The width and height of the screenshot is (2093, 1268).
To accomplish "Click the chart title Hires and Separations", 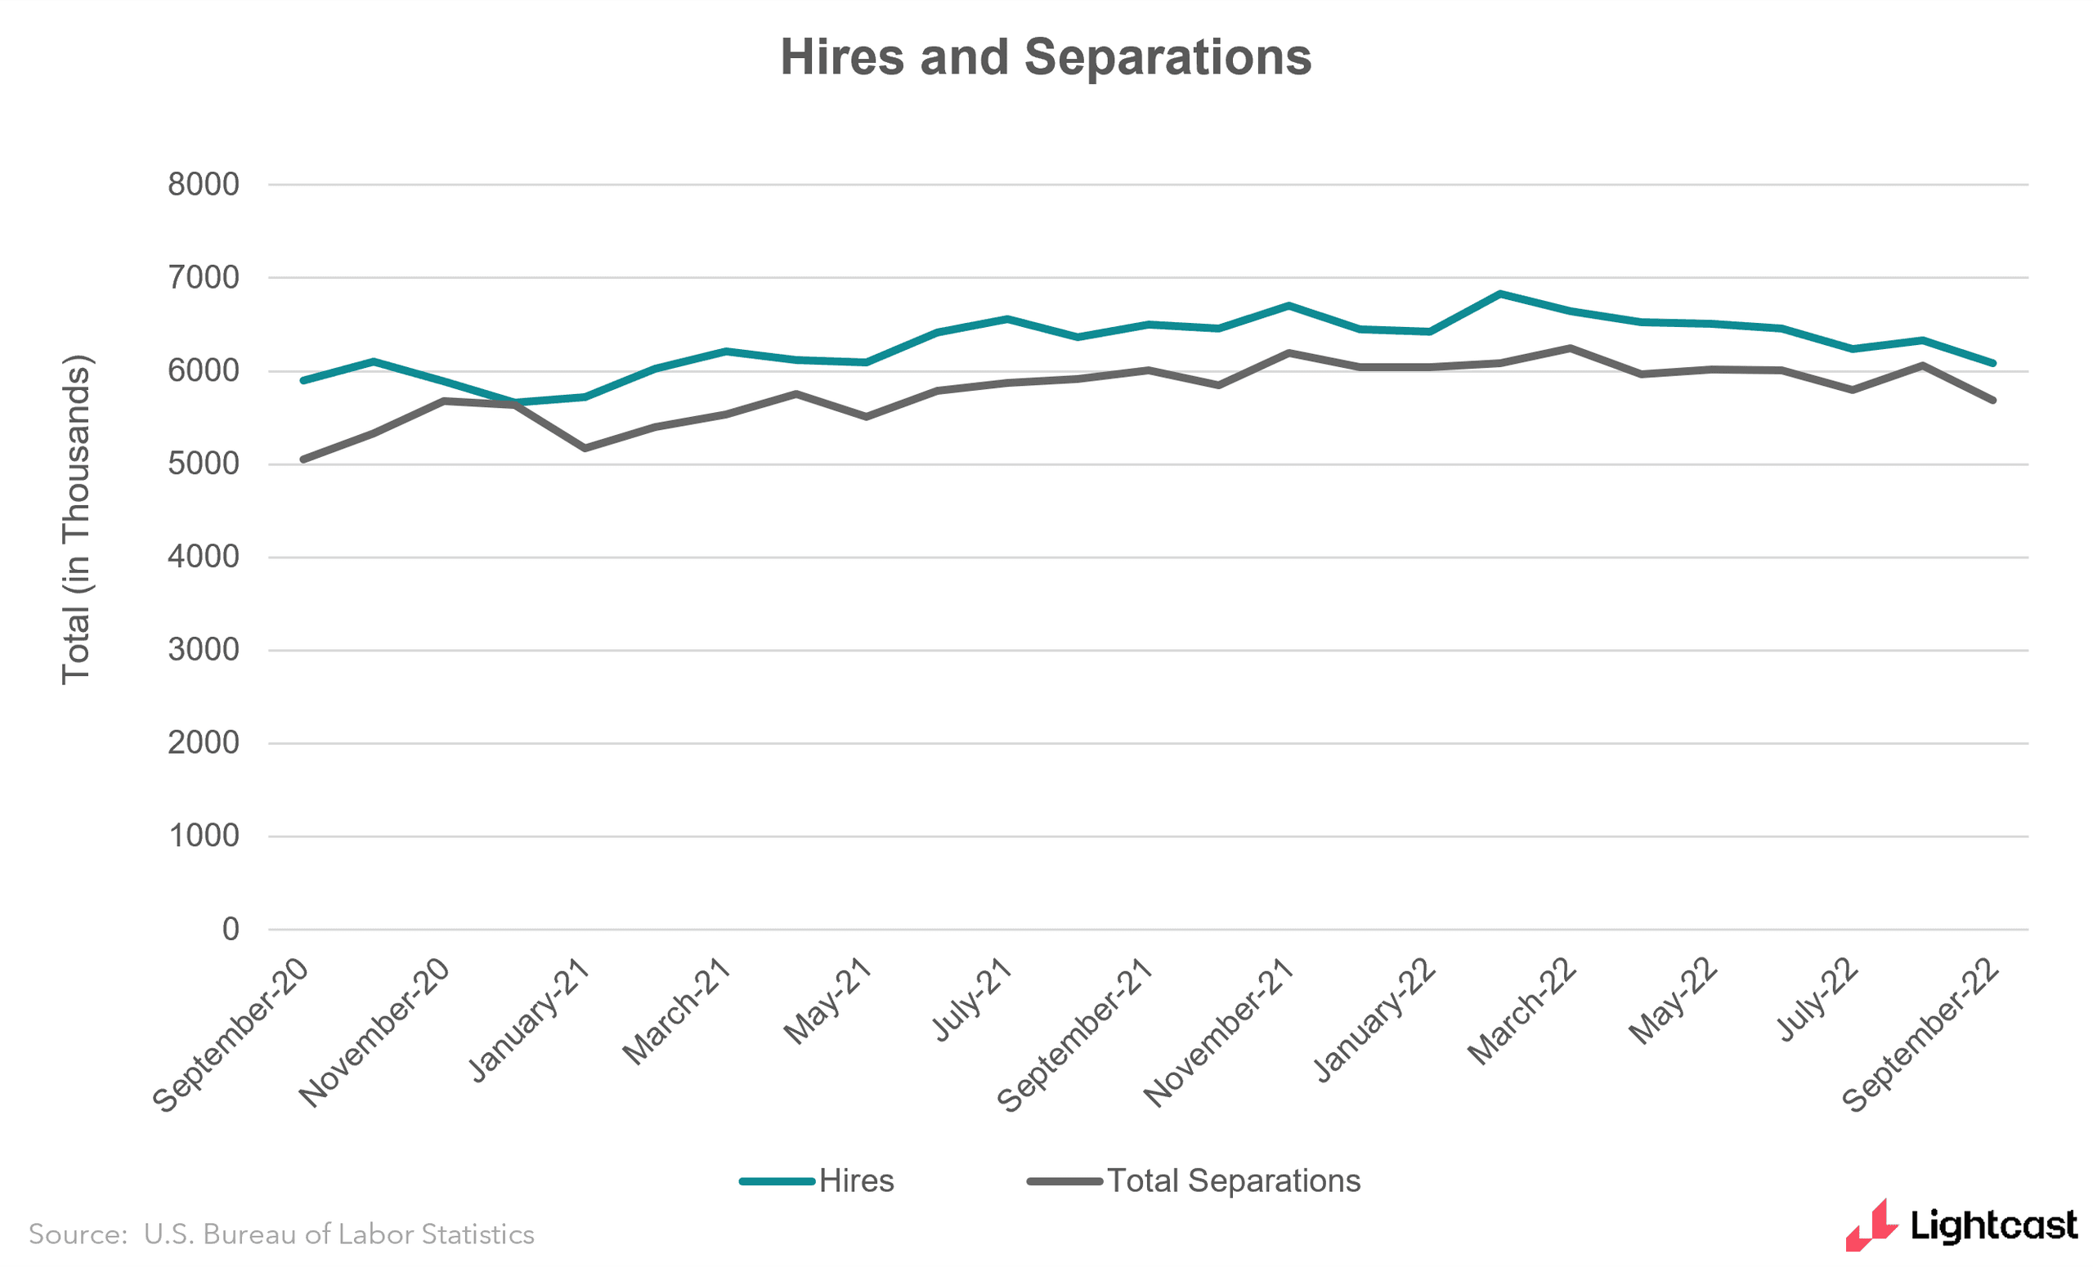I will pyautogui.click(x=1046, y=58).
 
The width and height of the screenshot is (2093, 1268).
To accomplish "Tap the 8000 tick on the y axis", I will pyautogui.click(x=203, y=184).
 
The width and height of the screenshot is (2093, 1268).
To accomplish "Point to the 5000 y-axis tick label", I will pyautogui.click(x=203, y=464).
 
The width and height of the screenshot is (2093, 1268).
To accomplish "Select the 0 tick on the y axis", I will pyautogui.click(x=231, y=929).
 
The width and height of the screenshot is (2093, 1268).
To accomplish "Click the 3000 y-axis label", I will pyautogui.click(x=203, y=650).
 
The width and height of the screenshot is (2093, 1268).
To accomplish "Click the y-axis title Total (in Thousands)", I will pyautogui.click(x=77, y=519).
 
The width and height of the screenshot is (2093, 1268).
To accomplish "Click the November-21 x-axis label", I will pyautogui.click(x=1219, y=1033).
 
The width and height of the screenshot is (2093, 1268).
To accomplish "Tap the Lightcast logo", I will pyautogui.click(x=1961, y=1225).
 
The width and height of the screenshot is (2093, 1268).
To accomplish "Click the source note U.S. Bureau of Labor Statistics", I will pyautogui.click(x=281, y=1234).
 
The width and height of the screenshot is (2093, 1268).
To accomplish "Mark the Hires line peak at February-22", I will pyautogui.click(x=1500, y=293).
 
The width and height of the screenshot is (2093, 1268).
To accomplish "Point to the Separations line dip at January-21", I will pyautogui.click(x=585, y=447).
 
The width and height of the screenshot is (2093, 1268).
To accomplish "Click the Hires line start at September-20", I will pyautogui.click(x=303, y=380).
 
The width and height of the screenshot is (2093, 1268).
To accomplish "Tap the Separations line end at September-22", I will pyautogui.click(x=1992, y=400).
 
